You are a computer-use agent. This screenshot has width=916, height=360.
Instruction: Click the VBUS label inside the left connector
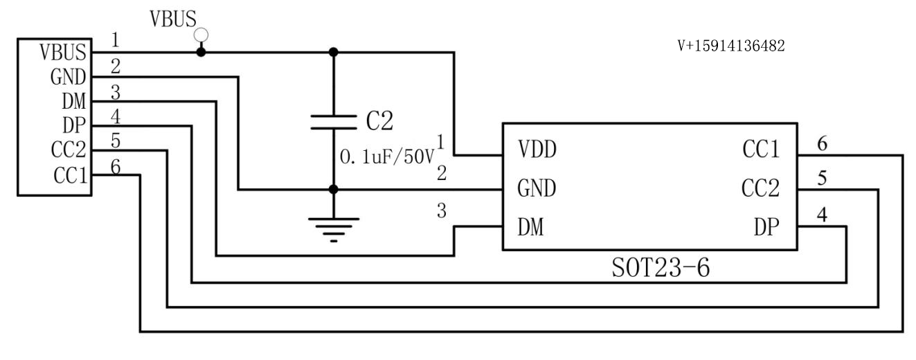point(63,53)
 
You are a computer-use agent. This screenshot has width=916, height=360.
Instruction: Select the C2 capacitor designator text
point(379,121)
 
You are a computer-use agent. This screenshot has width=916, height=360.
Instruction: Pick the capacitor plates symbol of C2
point(334,123)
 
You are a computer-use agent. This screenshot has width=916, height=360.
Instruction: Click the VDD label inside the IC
point(537,149)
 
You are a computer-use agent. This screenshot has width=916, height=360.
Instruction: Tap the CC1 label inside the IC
point(761,149)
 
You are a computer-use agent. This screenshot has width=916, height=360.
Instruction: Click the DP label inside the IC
point(767,228)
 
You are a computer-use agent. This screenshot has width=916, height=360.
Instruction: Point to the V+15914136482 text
point(731,46)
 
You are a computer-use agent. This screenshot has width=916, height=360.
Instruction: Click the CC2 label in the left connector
point(69,150)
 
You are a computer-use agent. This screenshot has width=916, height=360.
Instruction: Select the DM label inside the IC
point(530,228)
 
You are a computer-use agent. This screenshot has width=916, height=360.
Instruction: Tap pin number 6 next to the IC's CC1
point(822,144)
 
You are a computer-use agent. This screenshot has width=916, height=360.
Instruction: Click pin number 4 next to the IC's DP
point(822,215)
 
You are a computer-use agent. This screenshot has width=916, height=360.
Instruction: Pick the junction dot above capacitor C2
point(334,52)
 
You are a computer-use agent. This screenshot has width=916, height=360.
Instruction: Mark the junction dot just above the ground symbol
point(334,189)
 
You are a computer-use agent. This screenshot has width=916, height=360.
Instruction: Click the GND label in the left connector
point(67,77)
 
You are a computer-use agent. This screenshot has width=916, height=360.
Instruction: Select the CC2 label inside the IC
point(761,188)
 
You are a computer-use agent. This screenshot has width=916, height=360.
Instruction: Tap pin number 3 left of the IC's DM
point(441,210)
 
